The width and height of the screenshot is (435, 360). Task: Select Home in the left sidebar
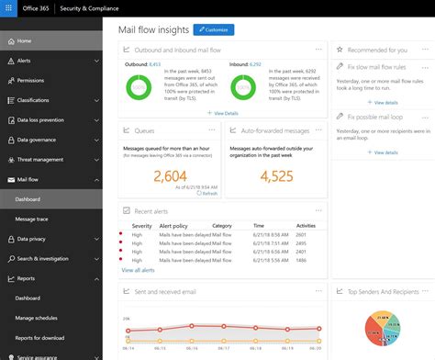24,41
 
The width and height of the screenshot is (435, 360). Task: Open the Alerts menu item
25,61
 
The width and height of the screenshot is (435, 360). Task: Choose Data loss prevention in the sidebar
40,119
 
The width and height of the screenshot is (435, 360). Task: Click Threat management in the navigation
40,159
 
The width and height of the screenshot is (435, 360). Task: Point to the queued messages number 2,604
171,175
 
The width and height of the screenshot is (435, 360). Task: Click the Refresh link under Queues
209,193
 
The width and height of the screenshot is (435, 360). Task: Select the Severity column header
142,225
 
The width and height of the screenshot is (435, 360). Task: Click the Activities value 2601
306,234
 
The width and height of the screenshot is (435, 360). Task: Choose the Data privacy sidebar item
33,238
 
